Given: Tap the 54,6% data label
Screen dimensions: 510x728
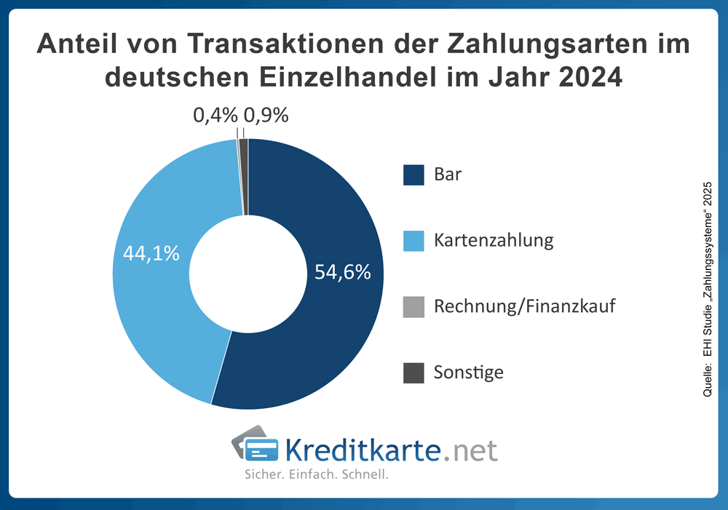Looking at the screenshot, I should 343,272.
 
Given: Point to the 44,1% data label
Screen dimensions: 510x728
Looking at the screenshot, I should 151,254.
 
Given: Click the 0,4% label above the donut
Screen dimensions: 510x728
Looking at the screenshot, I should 215,115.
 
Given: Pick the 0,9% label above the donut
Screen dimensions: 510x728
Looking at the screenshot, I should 266,115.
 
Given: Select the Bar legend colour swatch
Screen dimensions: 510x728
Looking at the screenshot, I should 414,175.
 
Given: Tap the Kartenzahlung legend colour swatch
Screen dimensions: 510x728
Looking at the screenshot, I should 414,241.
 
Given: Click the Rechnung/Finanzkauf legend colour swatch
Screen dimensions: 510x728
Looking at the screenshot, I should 414,307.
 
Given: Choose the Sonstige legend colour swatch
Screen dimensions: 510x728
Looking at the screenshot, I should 414,372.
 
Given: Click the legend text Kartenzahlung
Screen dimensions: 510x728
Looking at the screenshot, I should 493,241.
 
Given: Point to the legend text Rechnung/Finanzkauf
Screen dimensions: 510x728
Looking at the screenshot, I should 524,306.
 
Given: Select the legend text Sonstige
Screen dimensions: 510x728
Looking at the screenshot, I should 468,372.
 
